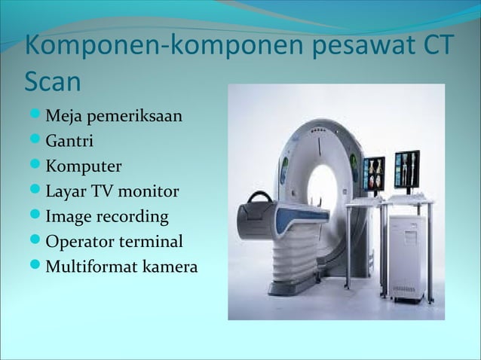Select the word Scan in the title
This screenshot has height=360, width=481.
tap(54, 79)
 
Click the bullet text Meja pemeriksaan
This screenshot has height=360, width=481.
tap(114, 117)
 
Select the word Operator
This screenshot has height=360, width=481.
tap(77, 242)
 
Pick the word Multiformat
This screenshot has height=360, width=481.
tap(90, 267)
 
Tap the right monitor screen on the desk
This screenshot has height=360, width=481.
tap(407, 170)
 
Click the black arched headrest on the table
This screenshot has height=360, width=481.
tap(261, 199)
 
